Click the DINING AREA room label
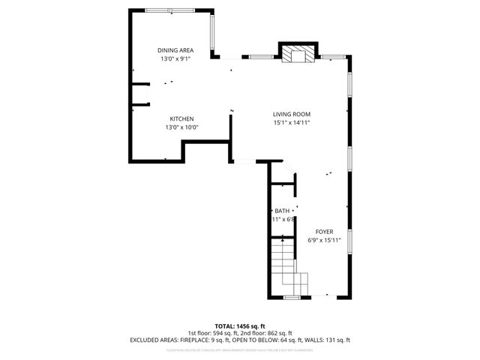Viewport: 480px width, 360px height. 175,50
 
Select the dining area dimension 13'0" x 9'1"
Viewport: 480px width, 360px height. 175,58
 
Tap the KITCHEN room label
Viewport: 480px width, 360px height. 181,119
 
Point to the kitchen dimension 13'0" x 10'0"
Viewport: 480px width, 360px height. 181,127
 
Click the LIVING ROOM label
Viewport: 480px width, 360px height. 291,114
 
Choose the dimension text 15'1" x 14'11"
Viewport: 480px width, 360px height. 291,122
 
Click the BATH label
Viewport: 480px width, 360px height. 282,211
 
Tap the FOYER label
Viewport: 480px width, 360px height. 324,232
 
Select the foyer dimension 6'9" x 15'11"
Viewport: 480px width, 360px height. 324,240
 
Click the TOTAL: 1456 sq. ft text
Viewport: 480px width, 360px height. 239,326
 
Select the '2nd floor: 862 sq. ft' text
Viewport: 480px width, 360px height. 269,333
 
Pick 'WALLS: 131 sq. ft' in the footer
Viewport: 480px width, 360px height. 328,340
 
